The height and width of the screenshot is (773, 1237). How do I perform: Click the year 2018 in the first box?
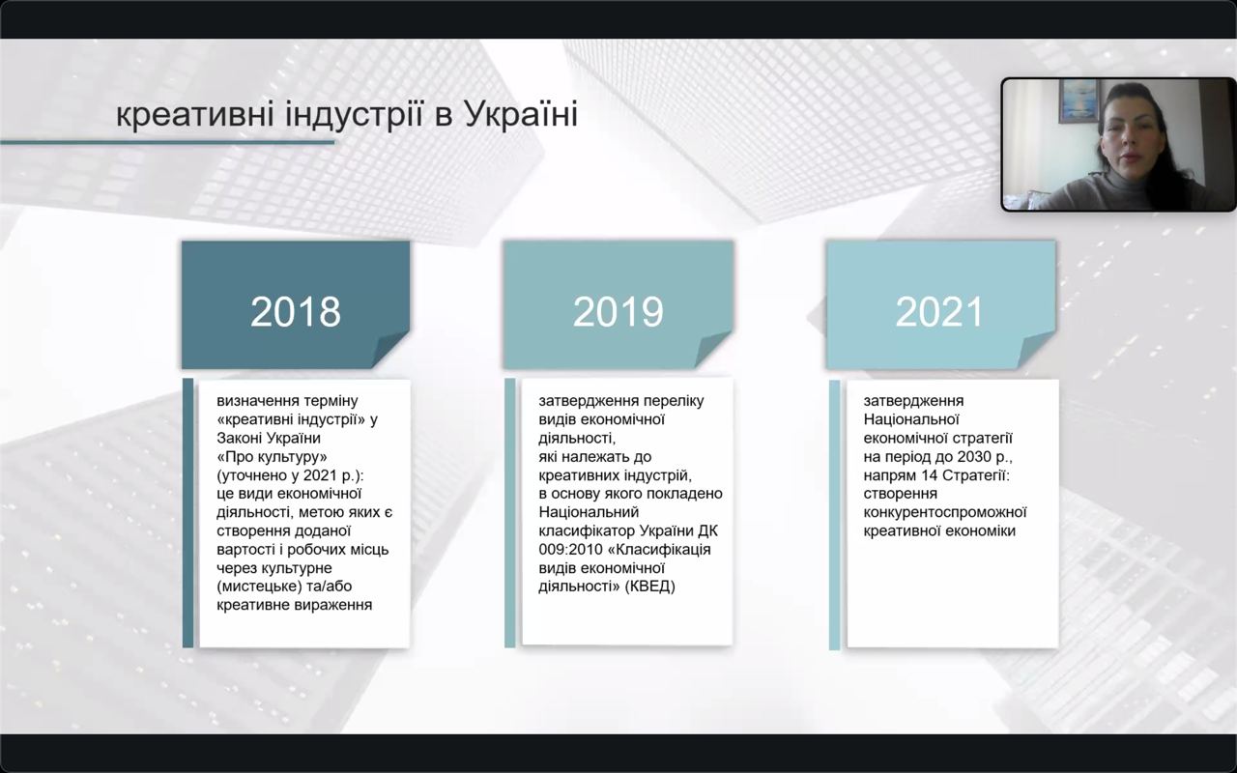click(296, 312)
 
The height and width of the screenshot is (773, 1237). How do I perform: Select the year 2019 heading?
click(618, 312)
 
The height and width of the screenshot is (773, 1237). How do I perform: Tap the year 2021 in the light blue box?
click(939, 312)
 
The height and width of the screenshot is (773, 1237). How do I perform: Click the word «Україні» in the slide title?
click(521, 114)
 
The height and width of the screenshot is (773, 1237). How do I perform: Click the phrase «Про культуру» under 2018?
click(273, 457)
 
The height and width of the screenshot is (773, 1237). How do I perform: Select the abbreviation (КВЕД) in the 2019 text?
click(650, 586)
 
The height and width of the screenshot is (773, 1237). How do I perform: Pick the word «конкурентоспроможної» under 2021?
click(945, 512)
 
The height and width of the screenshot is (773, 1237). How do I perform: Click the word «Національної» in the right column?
click(911, 419)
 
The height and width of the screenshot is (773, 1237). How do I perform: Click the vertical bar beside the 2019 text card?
click(509, 513)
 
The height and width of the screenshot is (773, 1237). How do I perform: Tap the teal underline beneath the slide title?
click(167, 142)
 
